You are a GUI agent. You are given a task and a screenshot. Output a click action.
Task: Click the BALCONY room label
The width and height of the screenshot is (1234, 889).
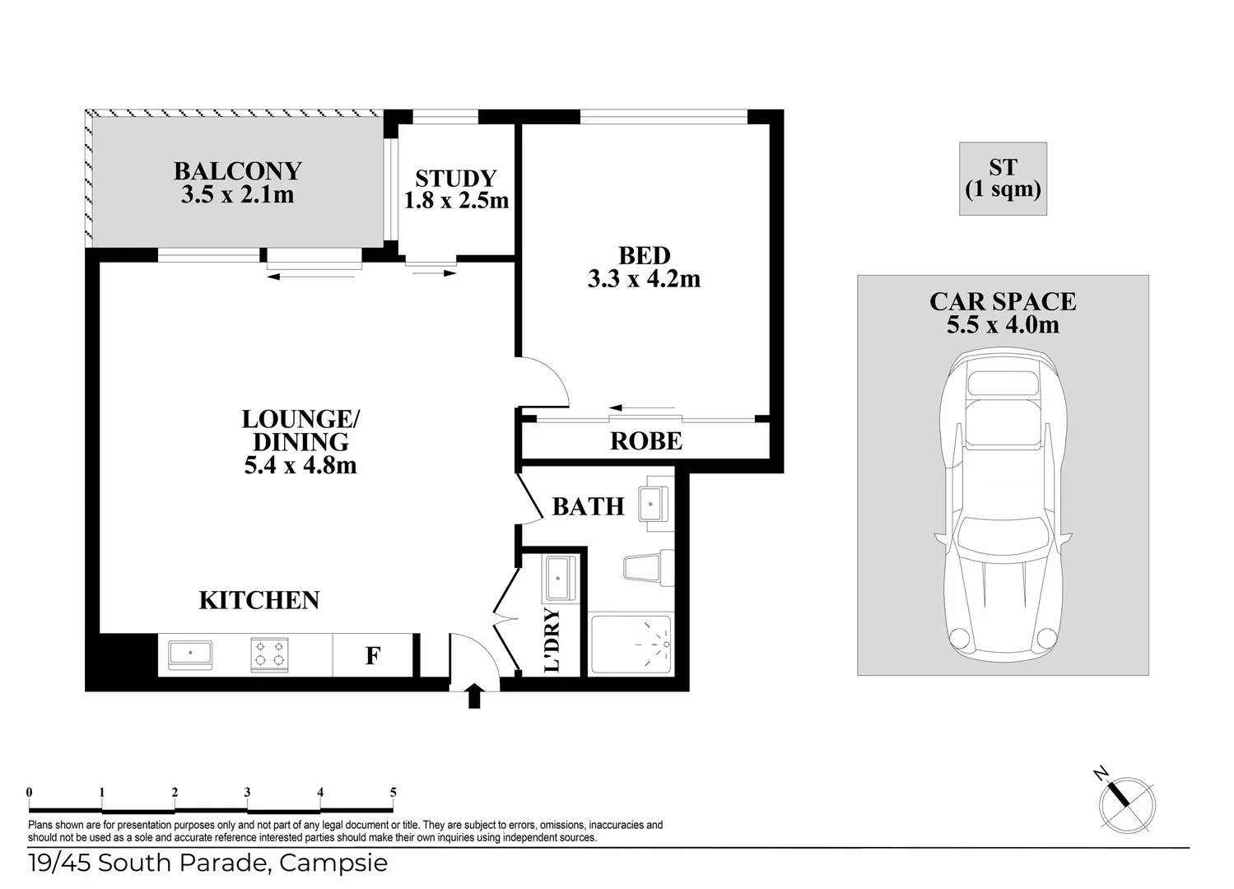237,171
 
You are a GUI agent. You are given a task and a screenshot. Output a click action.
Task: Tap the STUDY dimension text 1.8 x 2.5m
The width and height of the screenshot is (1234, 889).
456,200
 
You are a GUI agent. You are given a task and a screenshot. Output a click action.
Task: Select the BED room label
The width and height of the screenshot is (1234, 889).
644,256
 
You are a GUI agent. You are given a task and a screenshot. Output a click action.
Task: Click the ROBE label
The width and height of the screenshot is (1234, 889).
645,441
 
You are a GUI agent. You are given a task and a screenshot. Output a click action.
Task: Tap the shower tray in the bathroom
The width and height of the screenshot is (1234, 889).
631,645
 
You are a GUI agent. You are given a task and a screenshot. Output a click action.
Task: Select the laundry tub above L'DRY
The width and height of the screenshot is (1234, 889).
559,579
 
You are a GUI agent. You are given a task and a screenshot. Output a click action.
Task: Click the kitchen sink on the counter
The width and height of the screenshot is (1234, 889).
190,654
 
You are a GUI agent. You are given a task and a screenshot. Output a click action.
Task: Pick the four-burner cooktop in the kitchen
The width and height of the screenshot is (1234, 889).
269,654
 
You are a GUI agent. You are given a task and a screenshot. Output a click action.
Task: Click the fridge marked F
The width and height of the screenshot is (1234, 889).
372,656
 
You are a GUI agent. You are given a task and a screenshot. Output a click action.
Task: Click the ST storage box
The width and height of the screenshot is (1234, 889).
1003,179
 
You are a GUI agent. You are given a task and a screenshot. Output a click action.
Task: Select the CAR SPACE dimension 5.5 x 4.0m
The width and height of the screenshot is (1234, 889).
1002,324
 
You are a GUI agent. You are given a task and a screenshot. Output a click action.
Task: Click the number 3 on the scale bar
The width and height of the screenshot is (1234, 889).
247,793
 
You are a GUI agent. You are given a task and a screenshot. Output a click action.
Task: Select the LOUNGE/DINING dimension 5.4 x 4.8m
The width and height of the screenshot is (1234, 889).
300,465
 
